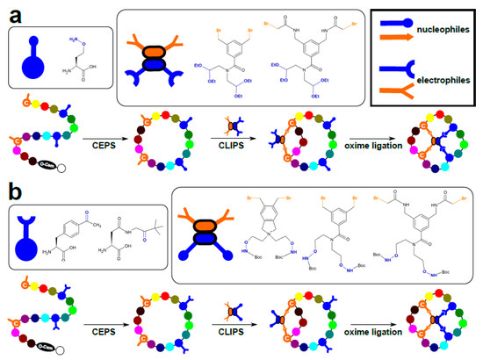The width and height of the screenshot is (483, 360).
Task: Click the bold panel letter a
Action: click(x=14, y=15)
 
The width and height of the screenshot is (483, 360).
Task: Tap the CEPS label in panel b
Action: click(x=104, y=332)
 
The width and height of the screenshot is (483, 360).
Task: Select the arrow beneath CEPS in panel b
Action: click(x=104, y=341)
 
